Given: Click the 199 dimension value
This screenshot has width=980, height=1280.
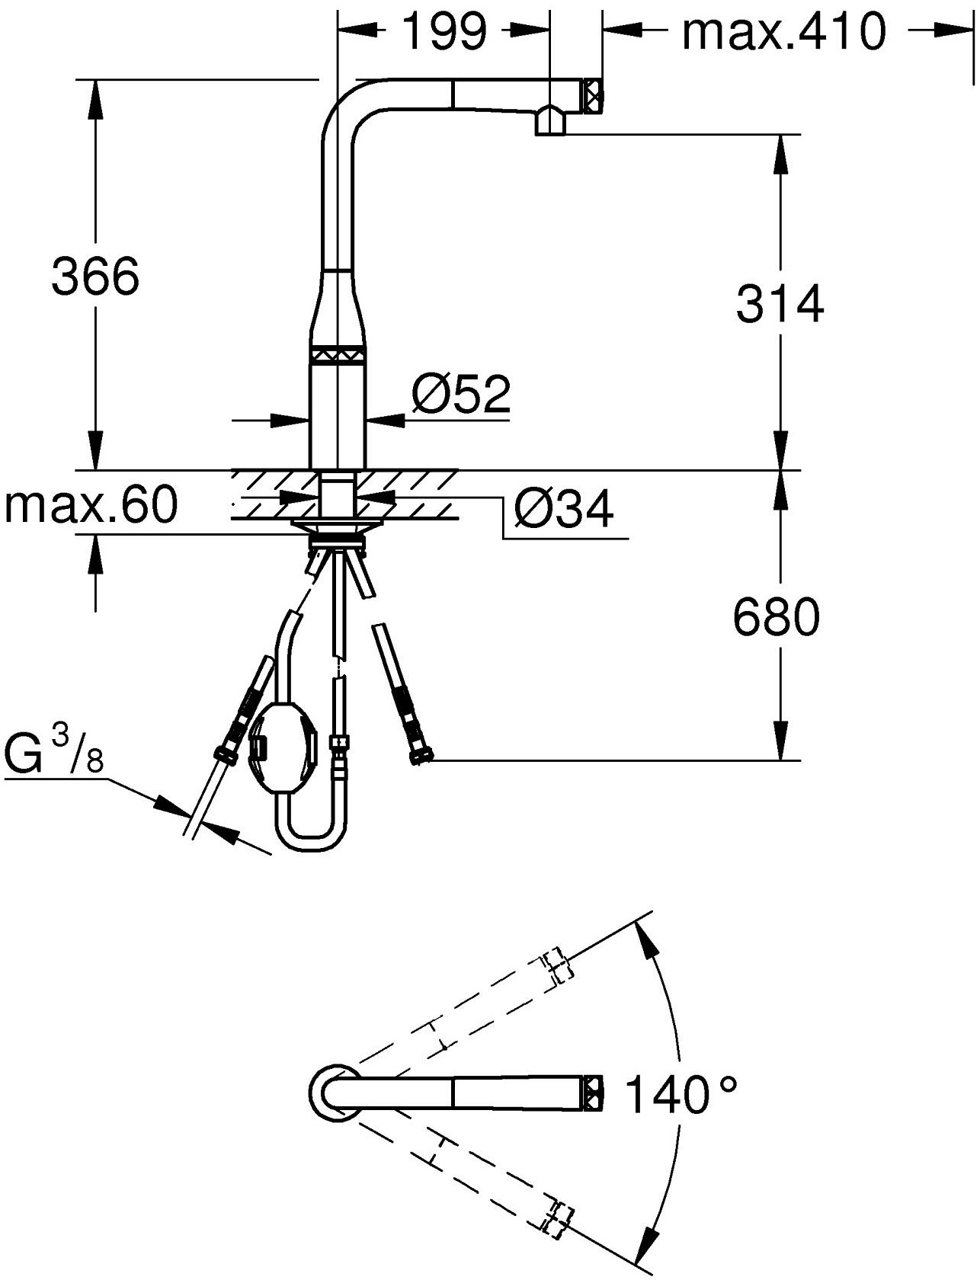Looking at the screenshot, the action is coord(444,32).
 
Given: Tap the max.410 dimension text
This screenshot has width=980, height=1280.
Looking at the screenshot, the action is coord(784,32).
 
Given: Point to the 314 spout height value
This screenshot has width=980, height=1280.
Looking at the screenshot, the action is coord(780,303).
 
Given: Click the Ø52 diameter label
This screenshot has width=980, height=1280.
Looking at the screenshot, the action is coord(461,393).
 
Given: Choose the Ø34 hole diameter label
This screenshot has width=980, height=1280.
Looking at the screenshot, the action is coord(563,509).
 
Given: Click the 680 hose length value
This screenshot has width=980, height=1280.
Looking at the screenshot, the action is coord(777,617).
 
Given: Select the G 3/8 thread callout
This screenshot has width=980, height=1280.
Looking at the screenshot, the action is coord(54,751).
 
